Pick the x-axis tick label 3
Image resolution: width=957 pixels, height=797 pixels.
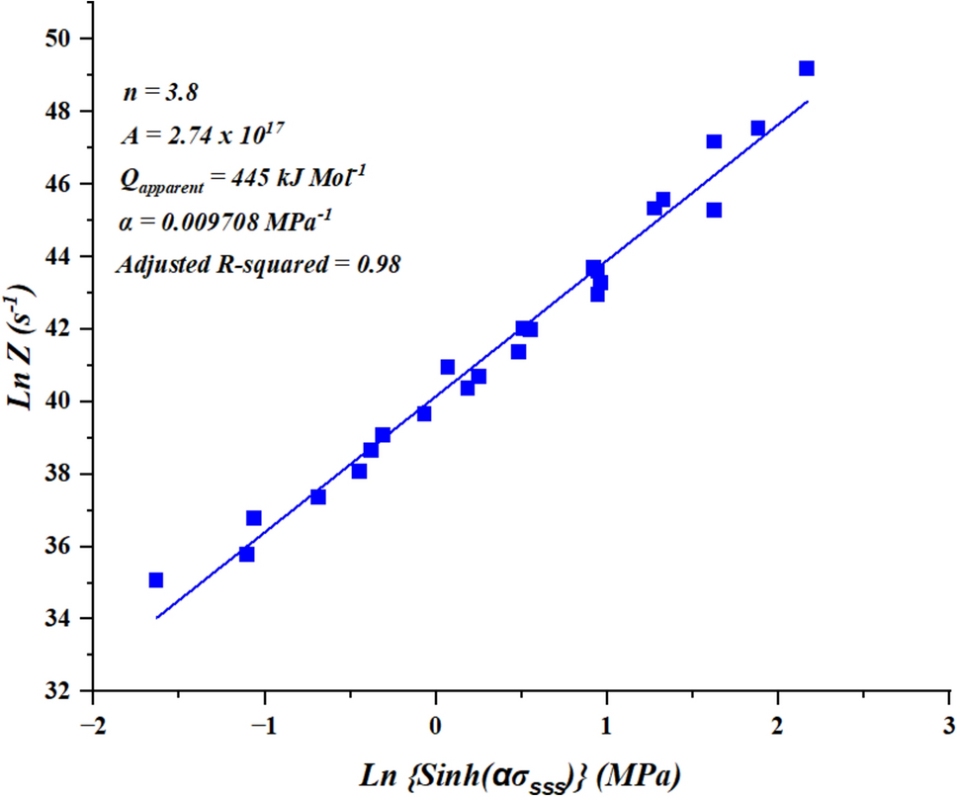tap(949, 723)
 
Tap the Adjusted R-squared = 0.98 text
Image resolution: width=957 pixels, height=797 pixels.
tap(257, 264)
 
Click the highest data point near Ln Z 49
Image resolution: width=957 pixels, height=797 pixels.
tap(807, 68)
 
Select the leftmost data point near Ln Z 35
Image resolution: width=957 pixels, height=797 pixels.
tap(155, 580)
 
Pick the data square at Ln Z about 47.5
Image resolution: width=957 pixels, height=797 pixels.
tap(758, 129)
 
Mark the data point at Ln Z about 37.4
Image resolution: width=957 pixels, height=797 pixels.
tap(318, 496)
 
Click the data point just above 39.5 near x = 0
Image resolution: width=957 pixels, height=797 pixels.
tap(424, 413)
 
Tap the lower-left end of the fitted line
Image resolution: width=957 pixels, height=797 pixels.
tap(156, 618)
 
